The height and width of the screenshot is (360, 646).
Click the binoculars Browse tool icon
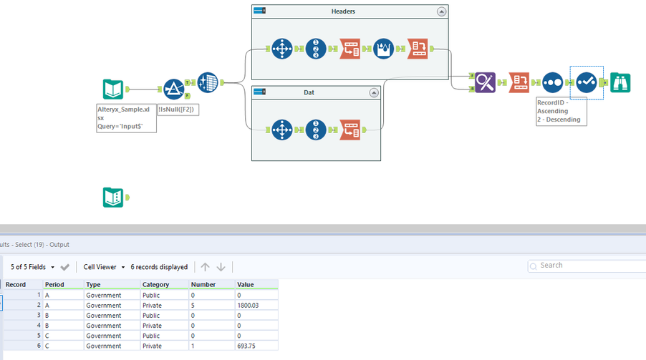(620, 82)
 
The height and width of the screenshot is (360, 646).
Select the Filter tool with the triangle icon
(173, 89)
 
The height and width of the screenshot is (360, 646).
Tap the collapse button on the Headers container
(441, 11)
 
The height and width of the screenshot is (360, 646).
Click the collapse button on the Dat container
(373, 93)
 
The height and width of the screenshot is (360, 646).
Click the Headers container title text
(343, 11)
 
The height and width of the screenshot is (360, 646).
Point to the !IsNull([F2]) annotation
(178, 110)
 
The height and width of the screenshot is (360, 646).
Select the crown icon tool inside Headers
(383, 49)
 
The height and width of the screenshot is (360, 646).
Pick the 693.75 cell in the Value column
(248, 346)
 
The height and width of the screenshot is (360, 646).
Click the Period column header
(54, 284)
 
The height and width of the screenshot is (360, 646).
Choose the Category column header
(155, 284)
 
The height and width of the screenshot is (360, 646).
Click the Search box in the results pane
(587, 266)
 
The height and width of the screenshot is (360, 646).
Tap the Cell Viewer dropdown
(104, 267)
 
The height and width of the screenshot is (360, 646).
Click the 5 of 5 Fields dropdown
(32, 267)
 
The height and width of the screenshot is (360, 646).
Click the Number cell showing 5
(193, 305)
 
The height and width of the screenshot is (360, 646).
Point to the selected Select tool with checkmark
(586, 82)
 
